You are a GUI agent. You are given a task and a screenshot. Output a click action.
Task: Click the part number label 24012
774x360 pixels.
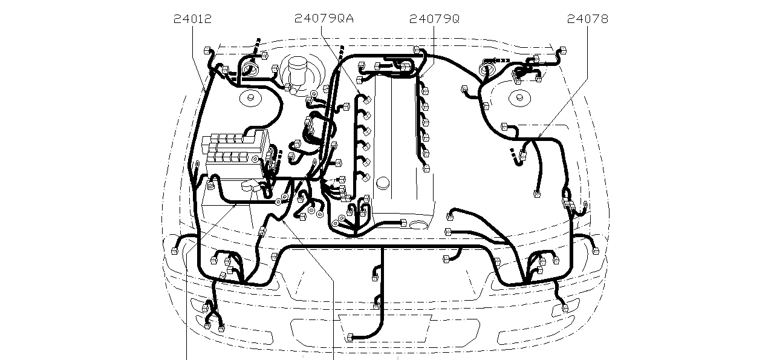pyautogui.click(x=192, y=19)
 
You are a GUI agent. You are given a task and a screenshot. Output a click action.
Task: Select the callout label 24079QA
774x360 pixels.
pyautogui.click(x=324, y=19)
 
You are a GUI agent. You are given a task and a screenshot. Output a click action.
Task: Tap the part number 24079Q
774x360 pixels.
pyautogui.click(x=434, y=19)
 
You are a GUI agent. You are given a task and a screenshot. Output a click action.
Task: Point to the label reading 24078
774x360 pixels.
pyautogui.click(x=587, y=19)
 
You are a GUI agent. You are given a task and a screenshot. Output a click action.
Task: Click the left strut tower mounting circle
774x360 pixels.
pyautogui.click(x=249, y=97)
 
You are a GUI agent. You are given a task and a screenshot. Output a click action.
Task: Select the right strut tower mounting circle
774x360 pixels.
pyautogui.click(x=518, y=97)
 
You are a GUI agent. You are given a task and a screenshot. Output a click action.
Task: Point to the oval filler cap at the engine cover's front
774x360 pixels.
pyautogui.click(x=417, y=225)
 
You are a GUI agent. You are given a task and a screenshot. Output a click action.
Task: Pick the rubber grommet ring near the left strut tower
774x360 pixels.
pyautogui.click(x=249, y=68)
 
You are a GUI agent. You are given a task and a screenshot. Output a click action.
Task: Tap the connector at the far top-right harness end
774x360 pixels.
pyautogui.click(x=563, y=50)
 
